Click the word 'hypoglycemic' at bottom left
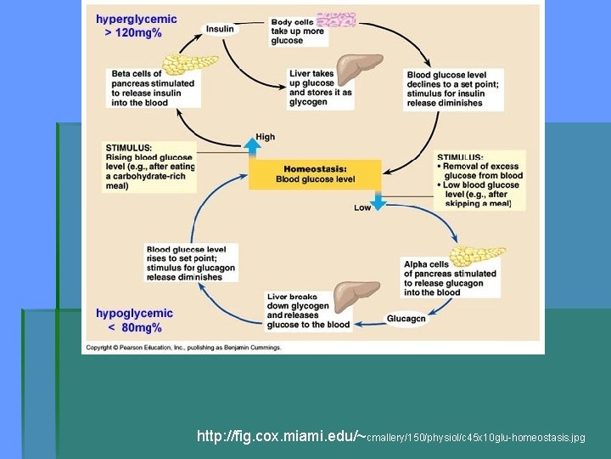click(x=134, y=314)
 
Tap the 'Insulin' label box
click(x=220, y=29)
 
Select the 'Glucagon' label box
click(x=406, y=320)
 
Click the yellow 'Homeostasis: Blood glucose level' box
click(x=315, y=174)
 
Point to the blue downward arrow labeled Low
click(x=378, y=201)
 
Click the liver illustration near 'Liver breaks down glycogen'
click(x=355, y=295)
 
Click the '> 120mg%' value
click(x=132, y=33)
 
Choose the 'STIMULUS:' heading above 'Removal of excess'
click(x=460, y=156)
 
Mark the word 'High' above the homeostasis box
click(x=265, y=137)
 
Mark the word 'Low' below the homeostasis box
click(x=362, y=208)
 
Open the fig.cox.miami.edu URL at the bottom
click(x=390, y=437)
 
